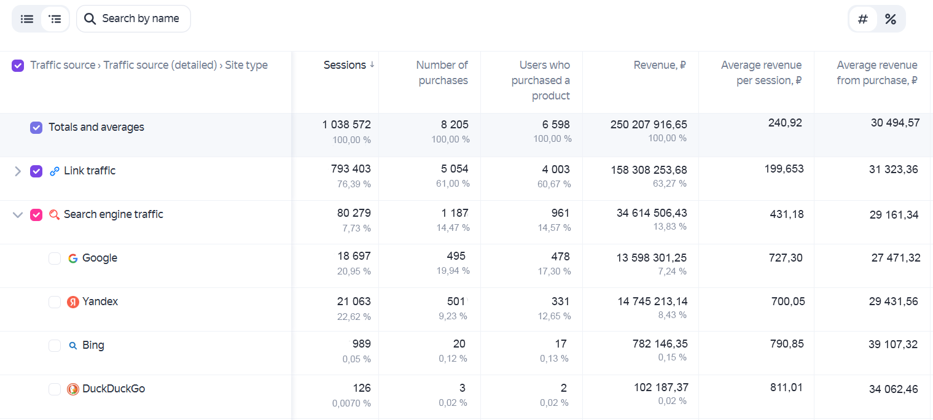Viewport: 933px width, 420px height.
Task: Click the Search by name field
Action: [133, 19]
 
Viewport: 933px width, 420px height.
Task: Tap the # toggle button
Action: [862, 19]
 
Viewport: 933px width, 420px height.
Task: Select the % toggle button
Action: [891, 19]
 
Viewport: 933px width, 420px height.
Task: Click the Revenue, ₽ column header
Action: [659, 65]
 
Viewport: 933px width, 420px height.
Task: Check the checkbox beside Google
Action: [55, 259]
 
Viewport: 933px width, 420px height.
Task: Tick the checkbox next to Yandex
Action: [55, 301]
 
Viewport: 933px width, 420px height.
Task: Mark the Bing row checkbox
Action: [55, 346]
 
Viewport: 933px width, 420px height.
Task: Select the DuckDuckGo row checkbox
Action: [55, 389]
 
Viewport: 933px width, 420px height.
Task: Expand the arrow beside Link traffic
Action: [17, 171]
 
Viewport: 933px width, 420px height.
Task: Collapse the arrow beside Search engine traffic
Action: [17, 215]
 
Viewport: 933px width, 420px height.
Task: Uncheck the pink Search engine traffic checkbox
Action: [36, 215]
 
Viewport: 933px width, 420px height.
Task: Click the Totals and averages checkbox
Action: [36, 127]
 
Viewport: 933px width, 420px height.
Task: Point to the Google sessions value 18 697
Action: [354, 256]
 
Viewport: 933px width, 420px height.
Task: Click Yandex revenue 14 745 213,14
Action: [652, 301]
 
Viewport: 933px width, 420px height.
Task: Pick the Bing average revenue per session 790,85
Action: [787, 344]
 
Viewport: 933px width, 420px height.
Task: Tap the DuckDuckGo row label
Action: [114, 389]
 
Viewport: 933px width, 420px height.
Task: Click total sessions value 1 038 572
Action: [346, 125]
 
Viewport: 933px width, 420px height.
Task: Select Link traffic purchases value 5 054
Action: [455, 169]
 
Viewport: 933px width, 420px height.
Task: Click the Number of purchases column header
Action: [442, 72]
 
